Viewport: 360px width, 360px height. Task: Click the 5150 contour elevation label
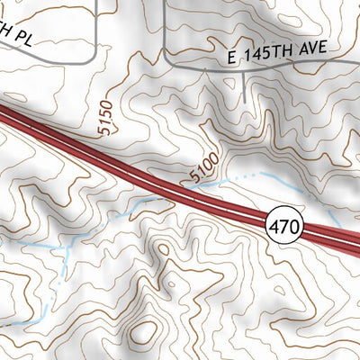tap(105, 119)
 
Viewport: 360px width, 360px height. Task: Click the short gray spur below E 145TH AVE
tap(246, 85)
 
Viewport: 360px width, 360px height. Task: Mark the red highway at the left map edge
tap(4, 114)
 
